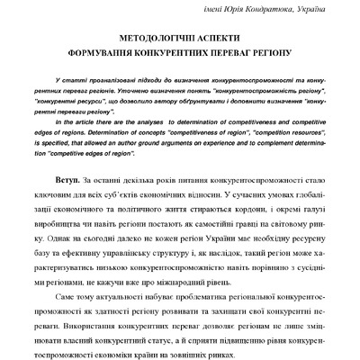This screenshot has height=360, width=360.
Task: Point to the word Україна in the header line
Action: (326, 9)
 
